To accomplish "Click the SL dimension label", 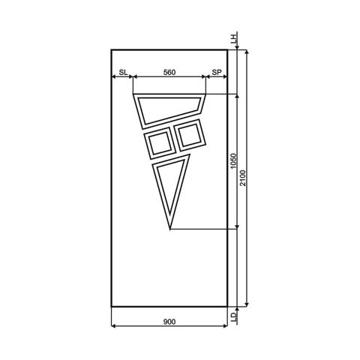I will click(122, 73).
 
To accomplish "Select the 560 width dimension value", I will click(169, 73).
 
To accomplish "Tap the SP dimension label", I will click(217, 73).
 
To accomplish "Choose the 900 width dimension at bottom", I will click(169, 322).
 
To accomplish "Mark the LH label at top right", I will click(233, 38).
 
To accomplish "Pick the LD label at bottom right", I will click(233, 317).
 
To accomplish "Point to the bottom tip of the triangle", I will click(170, 229).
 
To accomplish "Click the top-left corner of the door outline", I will click(111, 49).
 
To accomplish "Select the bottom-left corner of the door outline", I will click(111, 307).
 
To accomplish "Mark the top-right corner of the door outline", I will click(227, 49).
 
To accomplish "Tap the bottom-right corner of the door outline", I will click(227, 307).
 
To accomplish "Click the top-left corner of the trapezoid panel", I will click(132, 95).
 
